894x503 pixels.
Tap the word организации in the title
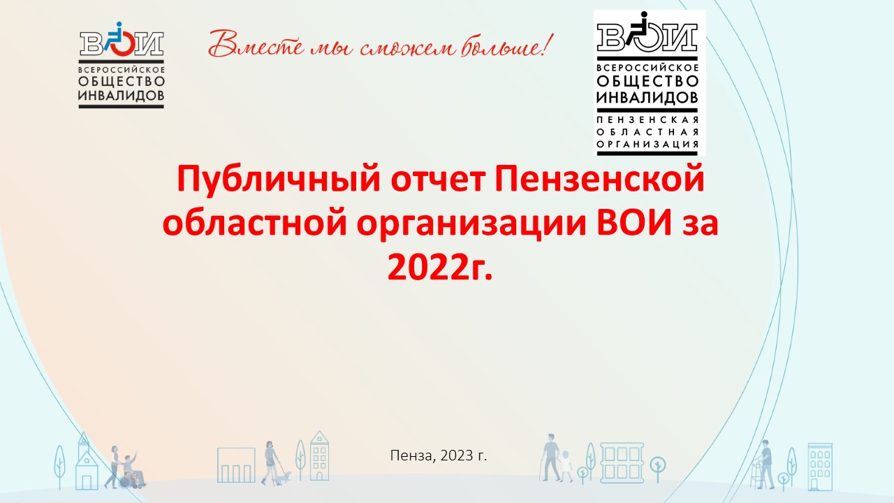click(471, 225)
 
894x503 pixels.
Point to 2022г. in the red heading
click(440, 268)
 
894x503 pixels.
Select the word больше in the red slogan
click(501, 46)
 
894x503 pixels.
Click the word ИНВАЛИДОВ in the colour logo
click(122, 96)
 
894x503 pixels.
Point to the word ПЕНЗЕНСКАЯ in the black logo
click(647, 120)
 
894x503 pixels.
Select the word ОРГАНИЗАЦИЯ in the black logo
click(647, 144)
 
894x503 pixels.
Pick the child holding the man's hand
click(566, 466)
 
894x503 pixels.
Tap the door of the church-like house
click(87, 482)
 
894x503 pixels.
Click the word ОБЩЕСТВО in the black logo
click(647, 82)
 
